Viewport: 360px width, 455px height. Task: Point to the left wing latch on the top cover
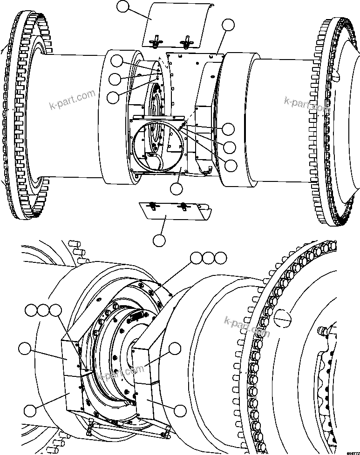pyautogui.click(x=154, y=41)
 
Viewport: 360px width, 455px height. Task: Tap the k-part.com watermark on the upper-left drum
pyautogui.click(x=72, y=101)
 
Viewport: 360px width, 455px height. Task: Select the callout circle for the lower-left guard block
pyautogui.click(x=30, y=410)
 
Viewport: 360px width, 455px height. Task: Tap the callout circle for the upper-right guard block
pyautogui.click(x=175, y=349)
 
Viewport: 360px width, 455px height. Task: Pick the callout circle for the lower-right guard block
pyautogui.click(x=180, y=410)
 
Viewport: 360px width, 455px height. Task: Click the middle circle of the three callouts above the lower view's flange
pyautogui.click(x=208, y=257)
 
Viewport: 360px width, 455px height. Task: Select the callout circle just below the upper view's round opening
pyautogui.click(x=177, y=189)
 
